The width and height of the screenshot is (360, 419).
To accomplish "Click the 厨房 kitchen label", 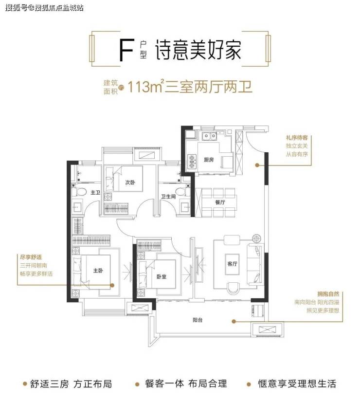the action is point(209,160).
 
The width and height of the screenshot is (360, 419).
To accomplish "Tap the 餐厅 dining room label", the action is point(220,202).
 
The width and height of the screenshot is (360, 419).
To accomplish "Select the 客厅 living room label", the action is point(232,264).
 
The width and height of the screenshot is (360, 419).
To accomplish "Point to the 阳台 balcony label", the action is point(198,320).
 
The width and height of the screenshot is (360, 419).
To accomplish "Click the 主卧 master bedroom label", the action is point(98,271).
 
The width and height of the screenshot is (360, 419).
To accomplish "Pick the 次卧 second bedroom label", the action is point(130,182).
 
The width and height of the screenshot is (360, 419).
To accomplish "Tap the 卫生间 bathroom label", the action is point(168,197).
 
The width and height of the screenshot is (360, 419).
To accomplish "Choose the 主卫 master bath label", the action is point(95,192).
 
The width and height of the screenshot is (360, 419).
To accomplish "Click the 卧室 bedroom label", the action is point(162,276).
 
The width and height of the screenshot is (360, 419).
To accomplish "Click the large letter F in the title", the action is point(126,50).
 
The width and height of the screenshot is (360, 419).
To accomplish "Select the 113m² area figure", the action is point(145,87).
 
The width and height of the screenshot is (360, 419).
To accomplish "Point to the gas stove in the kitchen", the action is point(192,162).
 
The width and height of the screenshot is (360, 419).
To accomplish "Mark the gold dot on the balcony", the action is point(234,322).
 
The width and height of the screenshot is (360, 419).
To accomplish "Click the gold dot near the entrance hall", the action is point(257,165).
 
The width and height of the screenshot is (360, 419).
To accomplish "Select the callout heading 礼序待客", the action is point(297,138).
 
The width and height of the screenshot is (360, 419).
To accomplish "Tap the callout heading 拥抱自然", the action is point(328,294).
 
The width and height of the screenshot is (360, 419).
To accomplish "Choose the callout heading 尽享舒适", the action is point(31,257).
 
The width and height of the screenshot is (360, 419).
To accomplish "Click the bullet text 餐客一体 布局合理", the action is point(186,384).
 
